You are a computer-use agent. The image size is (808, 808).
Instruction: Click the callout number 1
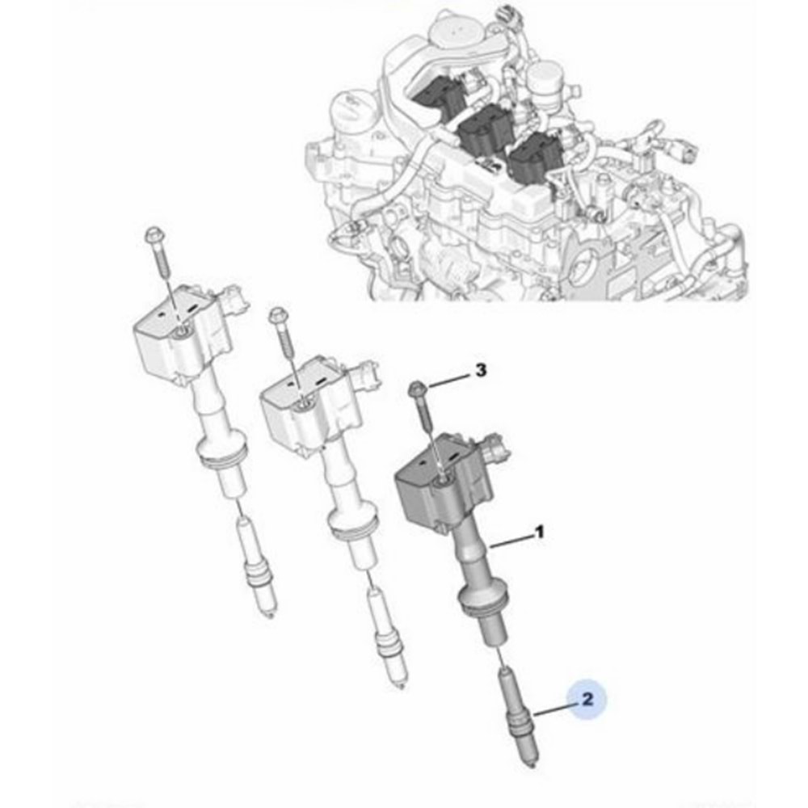(538, 533)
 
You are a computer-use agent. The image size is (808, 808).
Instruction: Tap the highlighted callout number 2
(587, 699)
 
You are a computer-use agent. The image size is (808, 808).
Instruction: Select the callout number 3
(480, 371)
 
